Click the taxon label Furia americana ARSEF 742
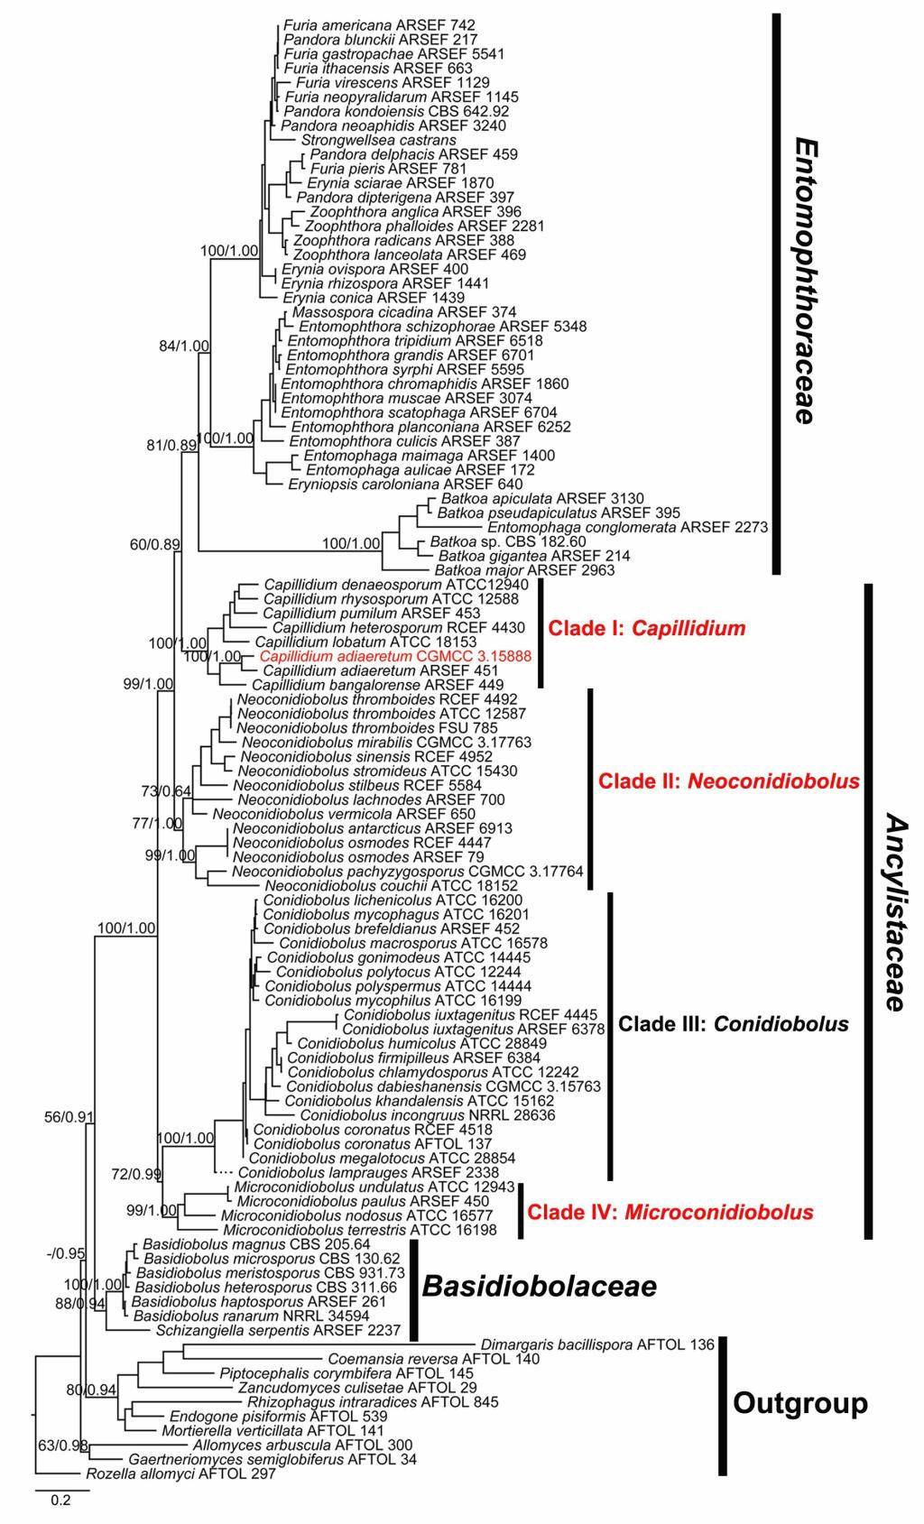pyautogui.click(x=379, y=25)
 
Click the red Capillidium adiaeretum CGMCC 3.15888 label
pyautogui.click(x=395, y=656)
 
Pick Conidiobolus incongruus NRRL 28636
pyautogui.click(x=427, y=1115)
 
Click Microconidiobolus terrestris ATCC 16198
pyautogui.click(x=359, y=1230)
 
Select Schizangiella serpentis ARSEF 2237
pyautogui.click(x=279, y=1330)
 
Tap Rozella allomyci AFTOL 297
pyautogui.click(x=180, y=1473)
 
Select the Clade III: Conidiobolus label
pyautogui.click(x=733, y=1024)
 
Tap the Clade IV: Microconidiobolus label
pyautogui.click(x=670, y=1212)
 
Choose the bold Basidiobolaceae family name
pyautogui.click(x=539, y=1287)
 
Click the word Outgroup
pyautogui.click(x=799, y=1403)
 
